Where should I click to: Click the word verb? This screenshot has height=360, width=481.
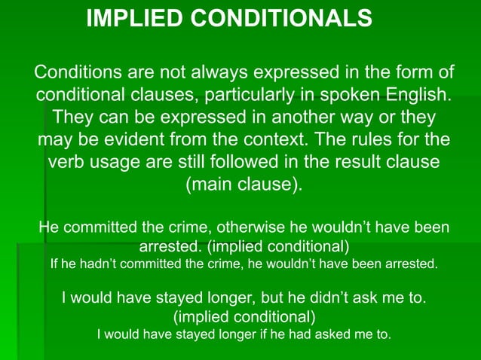pyautogui.click(x=71, y=163)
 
